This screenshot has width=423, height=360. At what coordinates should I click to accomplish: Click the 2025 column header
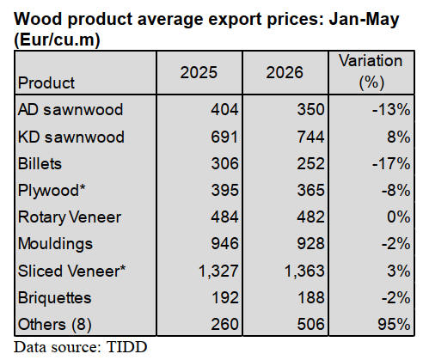199,72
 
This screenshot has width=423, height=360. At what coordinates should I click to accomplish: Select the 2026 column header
285,72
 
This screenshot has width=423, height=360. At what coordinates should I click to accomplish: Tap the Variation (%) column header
371,71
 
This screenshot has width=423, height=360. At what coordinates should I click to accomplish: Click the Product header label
46,83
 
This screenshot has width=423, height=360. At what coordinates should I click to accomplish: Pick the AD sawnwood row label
70,110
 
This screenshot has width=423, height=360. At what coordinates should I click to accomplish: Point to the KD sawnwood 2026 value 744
310,137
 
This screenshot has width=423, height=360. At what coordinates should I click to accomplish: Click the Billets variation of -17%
391,163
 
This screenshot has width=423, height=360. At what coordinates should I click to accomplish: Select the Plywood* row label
52,191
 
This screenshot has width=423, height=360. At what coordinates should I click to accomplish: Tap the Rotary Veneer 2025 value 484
224,217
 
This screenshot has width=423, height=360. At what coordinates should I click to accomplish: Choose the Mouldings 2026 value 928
310,244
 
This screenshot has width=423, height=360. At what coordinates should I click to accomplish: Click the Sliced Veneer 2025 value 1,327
218,271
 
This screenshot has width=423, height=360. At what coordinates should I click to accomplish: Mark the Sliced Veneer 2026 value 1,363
304,271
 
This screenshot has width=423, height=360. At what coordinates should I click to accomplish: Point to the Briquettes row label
55,298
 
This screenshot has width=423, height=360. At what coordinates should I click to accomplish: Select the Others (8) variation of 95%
394,325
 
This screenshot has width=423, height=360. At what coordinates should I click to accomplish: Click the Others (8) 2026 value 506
310,325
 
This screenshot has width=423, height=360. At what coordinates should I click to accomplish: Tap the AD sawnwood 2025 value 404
224,110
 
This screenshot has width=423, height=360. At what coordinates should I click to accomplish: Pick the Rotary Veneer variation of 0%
399,217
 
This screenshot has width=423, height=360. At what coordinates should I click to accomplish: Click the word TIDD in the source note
126,347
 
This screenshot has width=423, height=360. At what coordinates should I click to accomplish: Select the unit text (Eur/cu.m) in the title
58,40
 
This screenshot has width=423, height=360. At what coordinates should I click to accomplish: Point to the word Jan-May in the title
364,20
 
